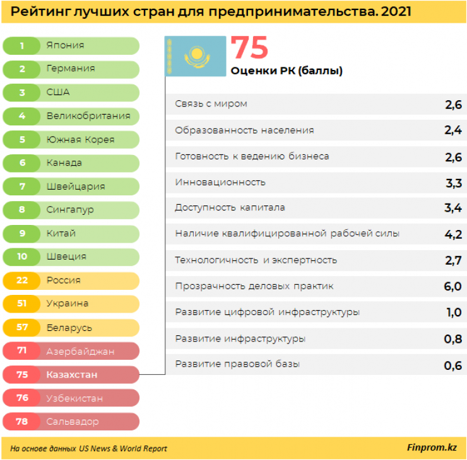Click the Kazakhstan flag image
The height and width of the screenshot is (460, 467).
[x=196, y=56]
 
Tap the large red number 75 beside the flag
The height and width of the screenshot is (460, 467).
[x=249, y=48]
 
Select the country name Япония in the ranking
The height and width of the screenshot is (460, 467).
[x=65, y=45]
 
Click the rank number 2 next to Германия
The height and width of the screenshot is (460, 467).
[x=22, y=69]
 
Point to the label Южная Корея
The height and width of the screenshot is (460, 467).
[x=80, y=139]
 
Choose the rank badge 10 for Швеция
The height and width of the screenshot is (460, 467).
[x=22, y=256]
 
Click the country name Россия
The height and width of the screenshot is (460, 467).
[x=63, y=280]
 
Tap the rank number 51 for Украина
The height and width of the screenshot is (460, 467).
[x=22, y=303]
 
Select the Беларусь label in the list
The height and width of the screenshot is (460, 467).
[x=69, y=327]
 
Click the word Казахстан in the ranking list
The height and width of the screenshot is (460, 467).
[x=72, y=374]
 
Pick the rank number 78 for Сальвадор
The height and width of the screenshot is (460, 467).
[x=22, y=421]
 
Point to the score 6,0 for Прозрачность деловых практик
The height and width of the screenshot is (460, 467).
[x=452, y=287]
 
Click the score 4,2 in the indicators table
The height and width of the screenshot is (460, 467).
[x=452, y=234]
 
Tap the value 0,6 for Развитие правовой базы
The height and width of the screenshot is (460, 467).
[x=452, y=365]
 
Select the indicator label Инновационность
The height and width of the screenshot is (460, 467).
[x=220, y=182]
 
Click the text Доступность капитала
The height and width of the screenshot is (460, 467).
[x=230, y=208]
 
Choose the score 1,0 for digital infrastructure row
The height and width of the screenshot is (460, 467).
[x=452, y=313]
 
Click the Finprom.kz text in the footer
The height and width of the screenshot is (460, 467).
[x=432, y=447]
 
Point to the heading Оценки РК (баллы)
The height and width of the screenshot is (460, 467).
[x=287, y=71]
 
